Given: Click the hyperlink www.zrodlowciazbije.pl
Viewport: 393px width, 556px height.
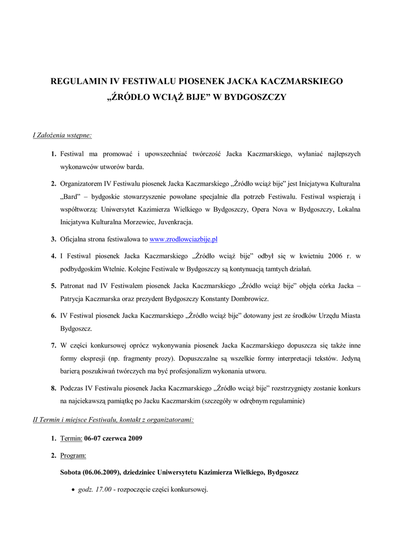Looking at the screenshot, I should (183, 239).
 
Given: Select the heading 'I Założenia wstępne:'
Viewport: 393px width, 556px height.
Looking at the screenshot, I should (62, 135).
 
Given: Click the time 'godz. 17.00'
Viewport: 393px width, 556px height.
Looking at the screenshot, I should (95, 490).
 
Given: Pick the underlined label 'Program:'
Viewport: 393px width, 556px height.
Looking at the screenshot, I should (73, 455).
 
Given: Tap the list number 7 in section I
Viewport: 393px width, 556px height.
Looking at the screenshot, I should (54, 345).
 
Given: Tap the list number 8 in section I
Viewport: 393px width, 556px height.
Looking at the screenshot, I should (54, 389).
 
